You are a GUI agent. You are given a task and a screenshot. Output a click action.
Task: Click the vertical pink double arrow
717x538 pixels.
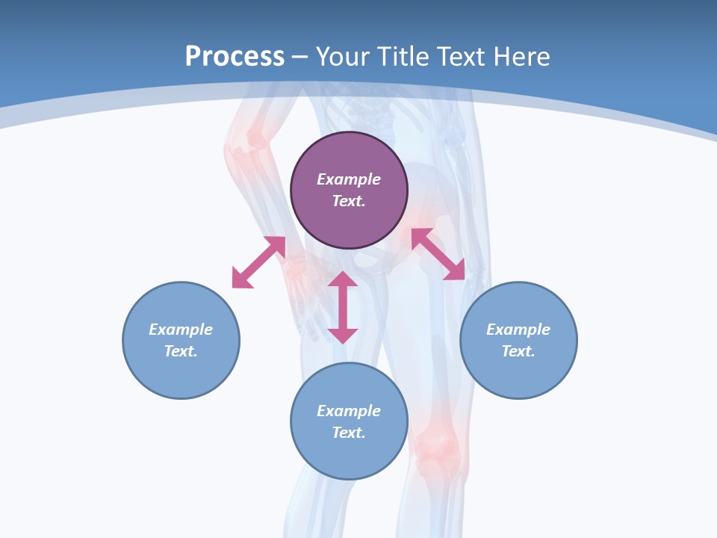coord(343,307)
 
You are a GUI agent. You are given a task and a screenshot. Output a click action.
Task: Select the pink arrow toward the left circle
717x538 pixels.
coord(258,262)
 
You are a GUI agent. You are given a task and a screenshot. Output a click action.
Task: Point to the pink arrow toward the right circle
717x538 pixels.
coord(438,254)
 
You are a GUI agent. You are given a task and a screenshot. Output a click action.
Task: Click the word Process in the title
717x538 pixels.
coord(235,57)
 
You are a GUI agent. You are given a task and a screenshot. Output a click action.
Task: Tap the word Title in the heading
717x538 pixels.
coord(404,57)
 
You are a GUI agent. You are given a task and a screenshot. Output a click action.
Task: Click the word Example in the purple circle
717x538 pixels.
coord(349,179)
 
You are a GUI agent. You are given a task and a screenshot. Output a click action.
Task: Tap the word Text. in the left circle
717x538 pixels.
coord(181,351)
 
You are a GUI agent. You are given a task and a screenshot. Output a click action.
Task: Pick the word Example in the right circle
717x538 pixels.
coord(518,330)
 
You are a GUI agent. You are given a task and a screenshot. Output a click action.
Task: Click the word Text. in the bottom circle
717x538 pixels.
coord(349,433)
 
